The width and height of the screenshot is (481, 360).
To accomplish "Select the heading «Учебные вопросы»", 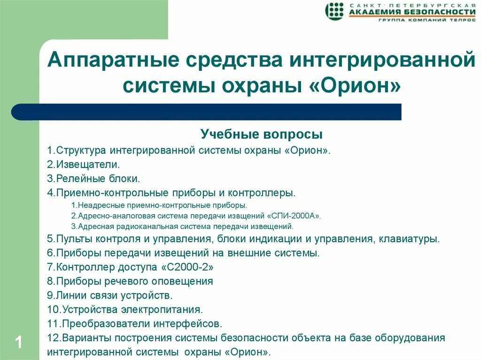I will (262, 135).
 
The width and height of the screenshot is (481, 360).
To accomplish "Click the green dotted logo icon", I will (334, 11).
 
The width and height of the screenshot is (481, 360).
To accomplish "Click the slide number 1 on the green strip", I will (19, 342).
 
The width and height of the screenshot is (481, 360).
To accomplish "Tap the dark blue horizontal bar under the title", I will (207, 112).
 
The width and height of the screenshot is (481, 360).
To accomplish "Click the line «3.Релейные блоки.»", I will (93, 178).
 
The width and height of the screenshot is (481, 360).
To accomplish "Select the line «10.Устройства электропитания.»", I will (125, 310).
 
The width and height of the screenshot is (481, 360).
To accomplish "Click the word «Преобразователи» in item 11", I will (103, 324).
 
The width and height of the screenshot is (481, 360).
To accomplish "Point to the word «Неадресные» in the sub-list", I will (98, 206).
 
